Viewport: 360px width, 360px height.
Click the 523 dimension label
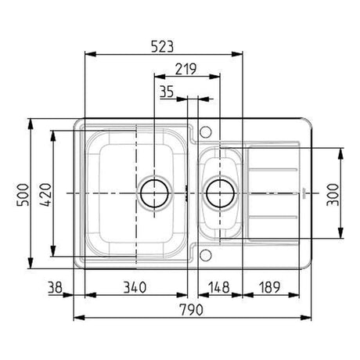click(x=162, y=47)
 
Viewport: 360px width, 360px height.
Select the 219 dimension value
click(x=185, y=69)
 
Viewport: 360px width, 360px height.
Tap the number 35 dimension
click(x=167, y=92)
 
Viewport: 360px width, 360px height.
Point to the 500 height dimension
click(x=23, y=195)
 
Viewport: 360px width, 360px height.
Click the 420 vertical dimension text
click(x=46, y=195)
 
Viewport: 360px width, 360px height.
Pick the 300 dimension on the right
click(x=333, y=195)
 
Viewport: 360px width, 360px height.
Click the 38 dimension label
click(x=55, y=287)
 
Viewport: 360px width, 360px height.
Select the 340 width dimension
click(x=135, y=287)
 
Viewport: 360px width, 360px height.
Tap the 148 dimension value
click(x=219, y=287)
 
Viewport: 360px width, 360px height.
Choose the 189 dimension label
click(x=269, y=287)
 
